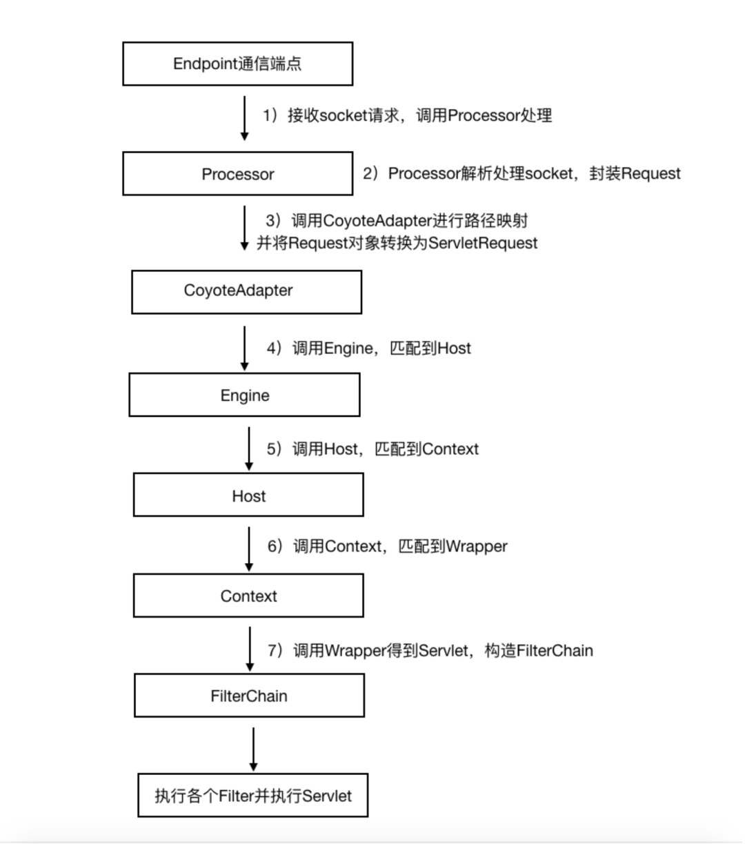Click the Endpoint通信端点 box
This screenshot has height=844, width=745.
237,64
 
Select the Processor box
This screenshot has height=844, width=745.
237,174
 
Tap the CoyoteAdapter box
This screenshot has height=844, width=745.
246,291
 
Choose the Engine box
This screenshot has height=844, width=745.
244,395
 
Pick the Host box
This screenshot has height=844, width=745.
248,495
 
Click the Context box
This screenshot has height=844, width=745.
248,596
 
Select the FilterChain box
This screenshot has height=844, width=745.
249,696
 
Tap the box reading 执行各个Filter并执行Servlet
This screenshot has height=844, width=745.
252,796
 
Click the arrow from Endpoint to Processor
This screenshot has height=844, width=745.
244,118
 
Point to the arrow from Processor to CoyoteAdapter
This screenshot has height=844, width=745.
244,228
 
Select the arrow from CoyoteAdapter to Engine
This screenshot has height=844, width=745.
245,348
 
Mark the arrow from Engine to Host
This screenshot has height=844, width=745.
249,448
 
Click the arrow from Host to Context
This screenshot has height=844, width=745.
249,549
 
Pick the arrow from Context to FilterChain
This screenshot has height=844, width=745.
250,649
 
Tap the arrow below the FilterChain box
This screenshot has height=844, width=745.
253,749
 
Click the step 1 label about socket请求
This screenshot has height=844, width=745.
407,115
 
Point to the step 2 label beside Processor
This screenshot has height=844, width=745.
521,173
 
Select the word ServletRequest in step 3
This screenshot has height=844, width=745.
483,243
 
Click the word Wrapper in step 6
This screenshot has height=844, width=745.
477,547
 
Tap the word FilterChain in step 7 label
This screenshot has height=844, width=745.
555,651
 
